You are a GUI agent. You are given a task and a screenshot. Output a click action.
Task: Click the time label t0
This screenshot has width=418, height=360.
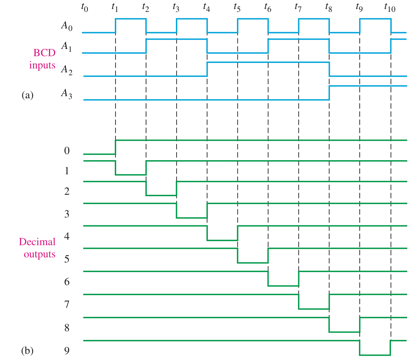coord(85,7)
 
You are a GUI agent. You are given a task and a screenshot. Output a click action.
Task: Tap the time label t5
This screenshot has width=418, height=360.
coord(237,7)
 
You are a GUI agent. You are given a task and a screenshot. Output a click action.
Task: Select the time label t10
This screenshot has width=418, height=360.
coord(390,7)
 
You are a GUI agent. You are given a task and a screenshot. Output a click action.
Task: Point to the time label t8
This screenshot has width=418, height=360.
coord(328,7)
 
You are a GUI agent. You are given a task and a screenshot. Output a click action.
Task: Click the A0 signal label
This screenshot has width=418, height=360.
coord(67,26)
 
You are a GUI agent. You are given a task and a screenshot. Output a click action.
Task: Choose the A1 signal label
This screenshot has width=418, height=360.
coord(67,46)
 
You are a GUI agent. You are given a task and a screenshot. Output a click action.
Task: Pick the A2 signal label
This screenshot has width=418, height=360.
coord(67,69)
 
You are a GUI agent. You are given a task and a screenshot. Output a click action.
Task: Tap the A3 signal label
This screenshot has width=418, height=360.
coord(67,93)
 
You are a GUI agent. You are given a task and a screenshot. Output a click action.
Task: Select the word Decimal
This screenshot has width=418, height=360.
coord(37,241)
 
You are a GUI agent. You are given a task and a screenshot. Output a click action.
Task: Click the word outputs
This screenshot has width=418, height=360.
coord(40,254)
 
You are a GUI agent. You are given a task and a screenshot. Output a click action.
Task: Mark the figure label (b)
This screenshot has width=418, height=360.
coord(27,350)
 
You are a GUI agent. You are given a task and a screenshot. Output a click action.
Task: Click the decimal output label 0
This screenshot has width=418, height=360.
coord(67,150)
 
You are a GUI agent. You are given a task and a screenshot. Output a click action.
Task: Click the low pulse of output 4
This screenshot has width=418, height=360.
coord(222,240)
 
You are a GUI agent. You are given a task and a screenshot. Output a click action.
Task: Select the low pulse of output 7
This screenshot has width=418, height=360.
coord(314,309)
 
